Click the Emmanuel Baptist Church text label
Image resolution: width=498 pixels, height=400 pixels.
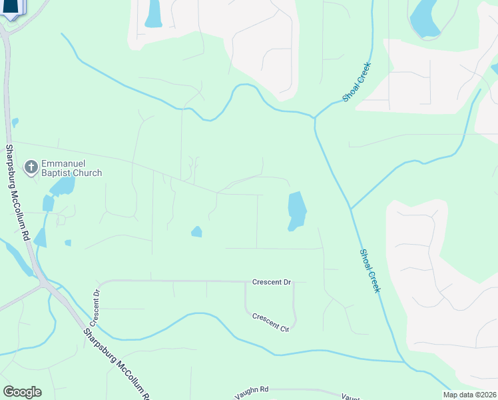point(72,168)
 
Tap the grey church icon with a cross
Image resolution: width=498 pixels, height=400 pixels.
point(31,167)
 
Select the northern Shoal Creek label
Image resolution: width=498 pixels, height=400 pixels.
point(356,83)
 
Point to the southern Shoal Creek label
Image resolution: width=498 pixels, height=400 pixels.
point(370,271)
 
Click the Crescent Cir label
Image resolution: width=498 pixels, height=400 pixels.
point(270,319)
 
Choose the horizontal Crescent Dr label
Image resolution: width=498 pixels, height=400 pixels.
point(272,283)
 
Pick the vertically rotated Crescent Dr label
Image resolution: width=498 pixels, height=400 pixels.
point(96,306)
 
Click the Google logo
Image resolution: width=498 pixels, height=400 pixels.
point(22,392)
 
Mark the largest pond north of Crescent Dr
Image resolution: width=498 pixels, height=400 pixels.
point(296,211)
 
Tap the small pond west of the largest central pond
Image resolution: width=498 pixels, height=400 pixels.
point(196,232)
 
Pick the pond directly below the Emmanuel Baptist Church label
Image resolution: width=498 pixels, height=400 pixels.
point(62,187)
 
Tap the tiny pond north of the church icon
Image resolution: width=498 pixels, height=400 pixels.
point(15,123)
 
